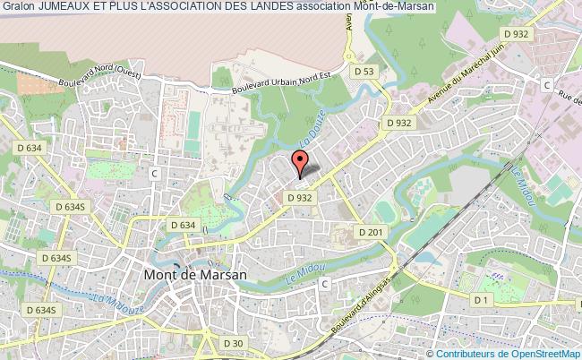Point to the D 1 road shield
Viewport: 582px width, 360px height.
[x=484, y=298]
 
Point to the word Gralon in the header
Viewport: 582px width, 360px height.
[x=18, y=6]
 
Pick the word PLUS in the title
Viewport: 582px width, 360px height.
[x=129, y=6]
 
